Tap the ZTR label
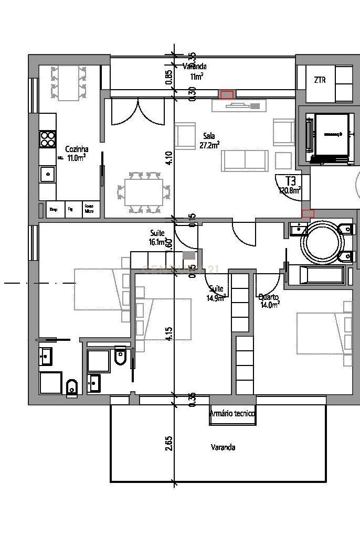click(320, 80)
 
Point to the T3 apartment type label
click(290, 181)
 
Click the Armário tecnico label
click(232, 414)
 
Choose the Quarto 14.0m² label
click(269, 299)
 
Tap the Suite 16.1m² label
click(157, 237)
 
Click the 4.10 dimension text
click(168, 158)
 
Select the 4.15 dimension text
click(168, 334)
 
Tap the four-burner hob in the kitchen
click(48, 139)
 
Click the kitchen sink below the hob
click(48, 174)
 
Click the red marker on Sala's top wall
click(227, 94)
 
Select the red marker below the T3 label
click(308, 213)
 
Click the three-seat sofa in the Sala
click(245, 160)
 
